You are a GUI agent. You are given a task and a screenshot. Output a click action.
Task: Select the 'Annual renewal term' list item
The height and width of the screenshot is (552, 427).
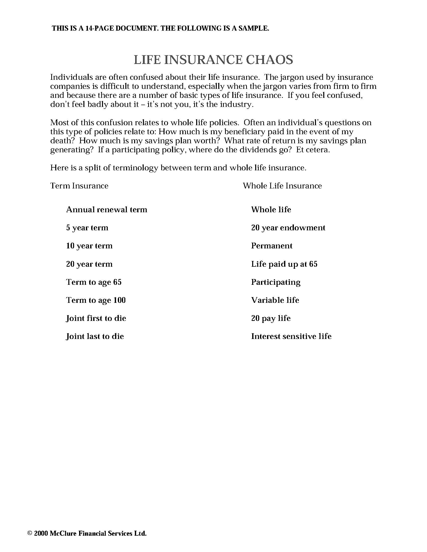[106, 210]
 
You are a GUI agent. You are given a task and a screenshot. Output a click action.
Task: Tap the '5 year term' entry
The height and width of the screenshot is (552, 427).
[87, 228]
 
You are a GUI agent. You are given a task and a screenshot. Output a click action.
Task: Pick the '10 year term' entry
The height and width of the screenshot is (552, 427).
[89, 246]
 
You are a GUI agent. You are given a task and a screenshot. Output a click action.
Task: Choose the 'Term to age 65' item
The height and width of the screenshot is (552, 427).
[94, 282]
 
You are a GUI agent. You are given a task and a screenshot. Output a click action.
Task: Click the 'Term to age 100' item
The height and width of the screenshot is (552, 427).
[96, 300]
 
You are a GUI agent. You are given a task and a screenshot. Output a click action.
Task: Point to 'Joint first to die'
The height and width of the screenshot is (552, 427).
[96, 318]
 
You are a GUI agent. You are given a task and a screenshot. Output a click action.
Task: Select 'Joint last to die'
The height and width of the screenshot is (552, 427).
[95, 336]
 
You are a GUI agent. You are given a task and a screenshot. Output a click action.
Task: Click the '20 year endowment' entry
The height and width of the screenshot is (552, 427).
[288, 228]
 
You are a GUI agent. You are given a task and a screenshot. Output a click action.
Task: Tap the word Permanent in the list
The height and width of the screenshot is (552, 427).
[272, 246]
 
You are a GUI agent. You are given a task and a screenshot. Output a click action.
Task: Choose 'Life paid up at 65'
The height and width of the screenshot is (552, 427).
[284, 264]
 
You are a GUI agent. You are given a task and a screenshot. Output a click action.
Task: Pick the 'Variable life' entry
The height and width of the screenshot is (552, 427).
[275, 300]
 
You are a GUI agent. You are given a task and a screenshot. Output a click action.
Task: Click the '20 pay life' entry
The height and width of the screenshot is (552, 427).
[271, 318]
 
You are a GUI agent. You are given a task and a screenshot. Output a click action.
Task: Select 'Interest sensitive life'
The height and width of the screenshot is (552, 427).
[291, 336]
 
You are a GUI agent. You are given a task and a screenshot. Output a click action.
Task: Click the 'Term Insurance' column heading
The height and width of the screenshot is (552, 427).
[79, 186]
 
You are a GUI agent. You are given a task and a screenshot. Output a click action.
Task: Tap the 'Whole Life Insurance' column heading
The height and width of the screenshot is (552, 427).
[282, 186]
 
